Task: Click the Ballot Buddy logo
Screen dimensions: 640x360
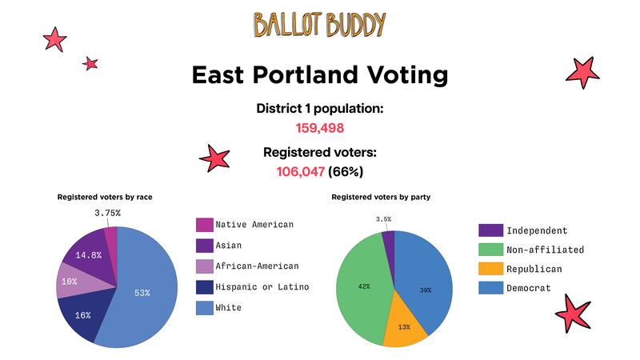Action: tap(319, 25)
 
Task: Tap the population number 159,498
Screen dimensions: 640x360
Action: tap(320, 128)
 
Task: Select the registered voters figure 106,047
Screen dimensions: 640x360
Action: tap(301, 172)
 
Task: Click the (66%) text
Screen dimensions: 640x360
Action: tap(346, 172)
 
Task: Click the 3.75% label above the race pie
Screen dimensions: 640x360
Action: tap(107, 213)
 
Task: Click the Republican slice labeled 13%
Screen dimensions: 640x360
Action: tap(405, 325)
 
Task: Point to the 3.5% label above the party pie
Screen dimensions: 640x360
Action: tap(384, 219)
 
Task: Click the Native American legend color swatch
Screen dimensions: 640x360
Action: tap(205, 225)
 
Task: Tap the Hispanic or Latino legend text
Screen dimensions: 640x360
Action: tap(262, 287)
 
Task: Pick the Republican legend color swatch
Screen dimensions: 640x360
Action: tap(490, 269)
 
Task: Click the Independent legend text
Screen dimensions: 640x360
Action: tap(537, 230)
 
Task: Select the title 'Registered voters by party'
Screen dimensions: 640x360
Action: tap(381, 197)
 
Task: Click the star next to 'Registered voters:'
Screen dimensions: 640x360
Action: tap(214, 158)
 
